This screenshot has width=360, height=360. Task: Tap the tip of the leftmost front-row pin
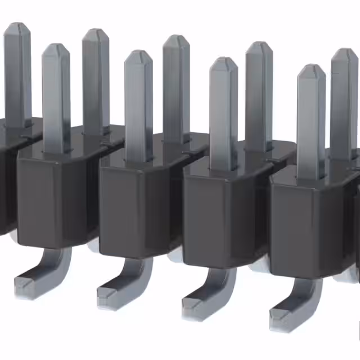coord(56,47)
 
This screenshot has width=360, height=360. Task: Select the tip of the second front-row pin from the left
coord(138,54)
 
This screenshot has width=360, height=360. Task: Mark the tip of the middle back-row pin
coord(176,39)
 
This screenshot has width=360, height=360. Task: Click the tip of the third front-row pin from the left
coord(223,61)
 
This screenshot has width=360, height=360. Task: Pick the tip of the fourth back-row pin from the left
coord(259,46)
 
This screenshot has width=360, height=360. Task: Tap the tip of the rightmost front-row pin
coord(311,69)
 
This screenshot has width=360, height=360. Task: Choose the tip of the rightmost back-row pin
coord(344,52)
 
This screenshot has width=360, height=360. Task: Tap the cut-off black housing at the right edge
coord(356,225)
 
